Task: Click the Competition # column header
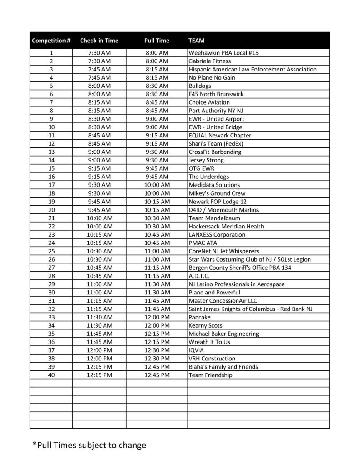click(51, 41)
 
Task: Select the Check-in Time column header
click(99, 41)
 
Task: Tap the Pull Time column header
click(157, 41)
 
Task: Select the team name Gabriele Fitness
click(210, 61)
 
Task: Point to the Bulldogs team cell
click(200, 86)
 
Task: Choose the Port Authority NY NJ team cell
click(215, 111)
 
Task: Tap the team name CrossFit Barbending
click(215, 152)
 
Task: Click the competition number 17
click(51, 185)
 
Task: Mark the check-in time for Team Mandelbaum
click(99, 218)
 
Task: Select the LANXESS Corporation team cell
click(217, 234)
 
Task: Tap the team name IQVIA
click(196, 350)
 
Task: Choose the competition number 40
click(51, 375)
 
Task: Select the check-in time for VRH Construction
click(99, 359)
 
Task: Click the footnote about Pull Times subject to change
click(89, 445)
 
